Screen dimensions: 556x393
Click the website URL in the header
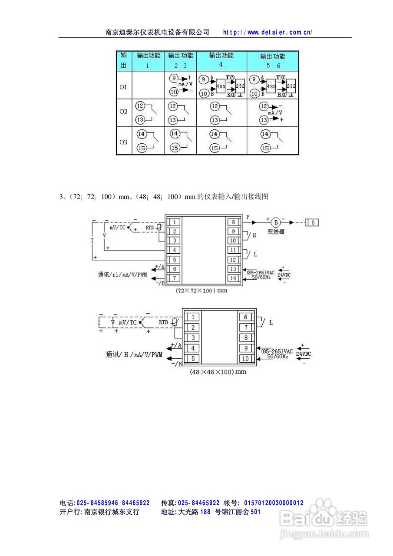(x=268, y=32)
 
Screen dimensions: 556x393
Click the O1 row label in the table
(x=123, y=87)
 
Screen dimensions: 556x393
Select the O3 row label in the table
(x=123, y=142)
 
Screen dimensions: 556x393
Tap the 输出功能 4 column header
(x=221, y=60)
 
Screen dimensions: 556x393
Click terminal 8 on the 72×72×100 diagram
(x=233, y=222)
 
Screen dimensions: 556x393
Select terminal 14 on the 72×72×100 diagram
(x=233, y=278)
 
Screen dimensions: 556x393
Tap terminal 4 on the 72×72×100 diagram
(x=174, y=250)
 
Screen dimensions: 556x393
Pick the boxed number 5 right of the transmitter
(x=314, y=222)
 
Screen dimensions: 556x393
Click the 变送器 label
(x=276, y=232)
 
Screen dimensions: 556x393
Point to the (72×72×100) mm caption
(x=201, y=291)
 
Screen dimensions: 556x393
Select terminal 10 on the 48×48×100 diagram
(x=246, y=358)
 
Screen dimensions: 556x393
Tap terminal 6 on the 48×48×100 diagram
(x=246, y=318)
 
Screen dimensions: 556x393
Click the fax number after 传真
(x=198, y=503)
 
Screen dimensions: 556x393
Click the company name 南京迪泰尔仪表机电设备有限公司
(x=158, y=32)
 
